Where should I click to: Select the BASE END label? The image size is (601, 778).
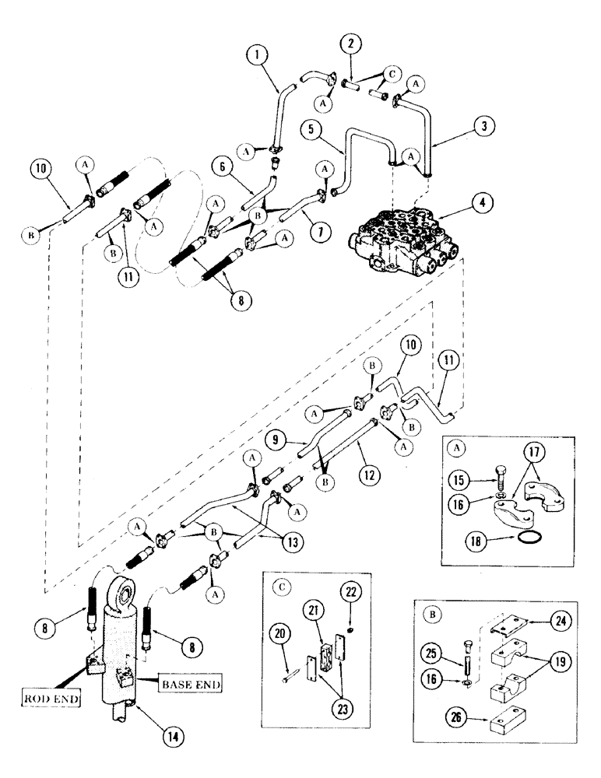[188, 685]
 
